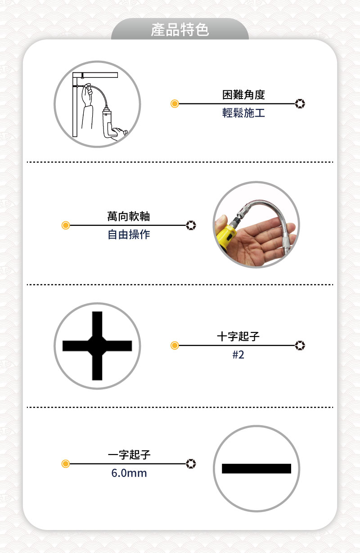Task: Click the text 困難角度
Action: [x=243, y=94]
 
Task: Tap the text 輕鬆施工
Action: [x=243, y=113]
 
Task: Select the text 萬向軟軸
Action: [x=129, y=216]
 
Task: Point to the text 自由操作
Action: [x=129, y=234]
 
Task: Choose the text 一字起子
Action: [x=129, y=455]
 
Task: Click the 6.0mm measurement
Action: [x=129, y=473]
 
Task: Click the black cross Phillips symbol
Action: [x=97, y=346]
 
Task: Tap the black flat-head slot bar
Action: [x=256, y=468]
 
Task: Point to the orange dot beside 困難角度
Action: [x=175, y=104]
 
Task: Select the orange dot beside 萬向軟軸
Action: [x=66, y=225]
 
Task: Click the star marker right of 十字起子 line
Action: [x=300, y=346]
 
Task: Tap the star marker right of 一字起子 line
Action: [x=191, y=463]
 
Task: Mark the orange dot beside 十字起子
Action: [x=175, y=346]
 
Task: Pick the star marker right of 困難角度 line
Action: [x=300, y=104]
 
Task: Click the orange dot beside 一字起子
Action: [x=66, y=463]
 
